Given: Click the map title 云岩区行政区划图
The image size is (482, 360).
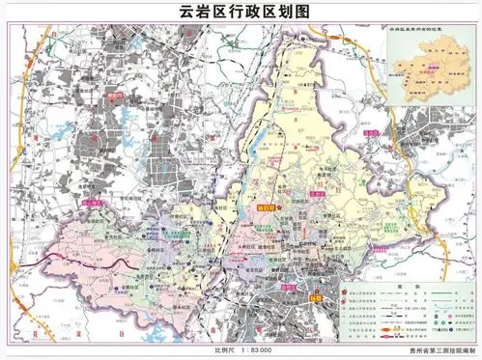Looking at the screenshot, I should click(241, 13).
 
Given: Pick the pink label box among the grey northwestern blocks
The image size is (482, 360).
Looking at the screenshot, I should click(114, 96).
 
